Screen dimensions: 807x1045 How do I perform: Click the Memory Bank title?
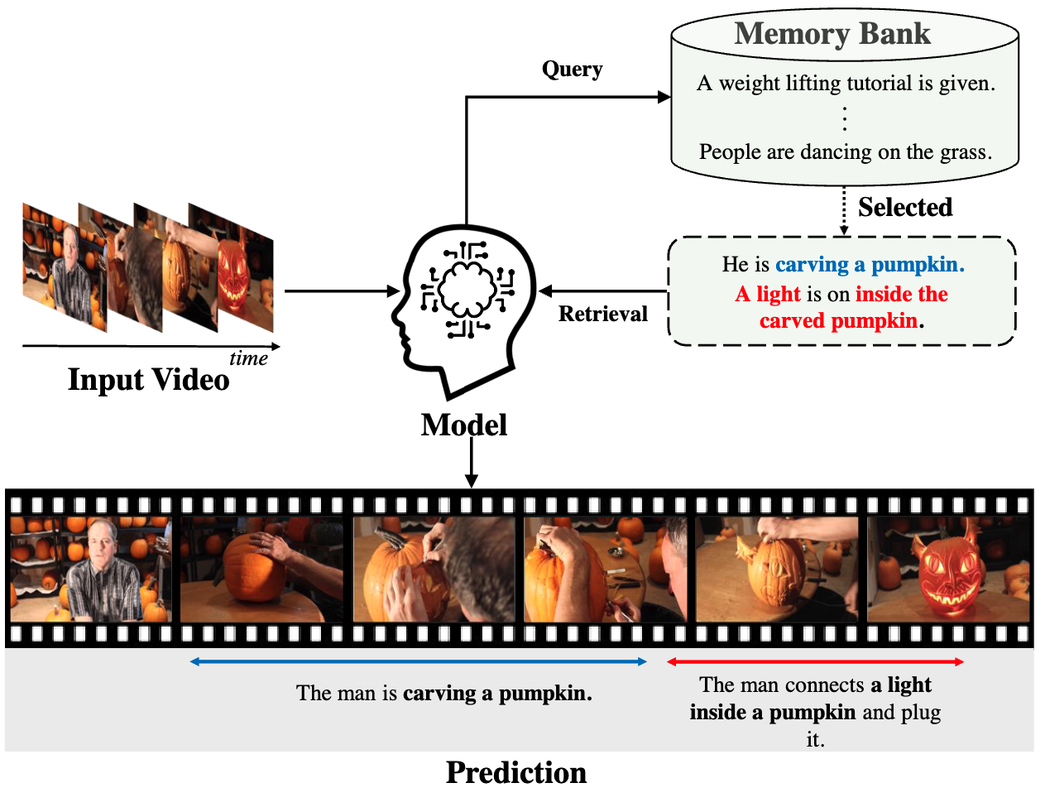click(832, 34)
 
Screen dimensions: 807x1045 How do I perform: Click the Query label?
click(572, 70)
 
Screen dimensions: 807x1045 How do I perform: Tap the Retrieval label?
click(602, 315)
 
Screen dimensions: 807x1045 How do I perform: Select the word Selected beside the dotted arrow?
click(905, 207)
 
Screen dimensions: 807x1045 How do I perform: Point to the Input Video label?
click(148, 380)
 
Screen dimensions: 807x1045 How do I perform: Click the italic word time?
click(248, 358)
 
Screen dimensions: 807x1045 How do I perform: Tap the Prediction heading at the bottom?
click(516, 772)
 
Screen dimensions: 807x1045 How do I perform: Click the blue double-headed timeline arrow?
click(418, 661)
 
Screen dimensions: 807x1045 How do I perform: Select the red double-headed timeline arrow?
click(815, 661)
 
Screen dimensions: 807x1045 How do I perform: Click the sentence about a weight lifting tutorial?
click(846, 84)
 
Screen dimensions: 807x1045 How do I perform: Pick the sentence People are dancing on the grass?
click(845, 152)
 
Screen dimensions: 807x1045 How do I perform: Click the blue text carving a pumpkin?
click(870, 265)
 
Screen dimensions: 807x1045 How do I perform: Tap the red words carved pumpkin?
click(838, 321)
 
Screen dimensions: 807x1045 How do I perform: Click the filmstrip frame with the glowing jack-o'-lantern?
click(948, 570)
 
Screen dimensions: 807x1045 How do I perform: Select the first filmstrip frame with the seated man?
click(91, 570)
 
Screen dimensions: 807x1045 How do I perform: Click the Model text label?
click(463, 425)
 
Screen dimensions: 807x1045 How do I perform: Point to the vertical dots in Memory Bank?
click(844, 118)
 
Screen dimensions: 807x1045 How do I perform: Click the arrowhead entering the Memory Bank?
click(664, 97)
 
